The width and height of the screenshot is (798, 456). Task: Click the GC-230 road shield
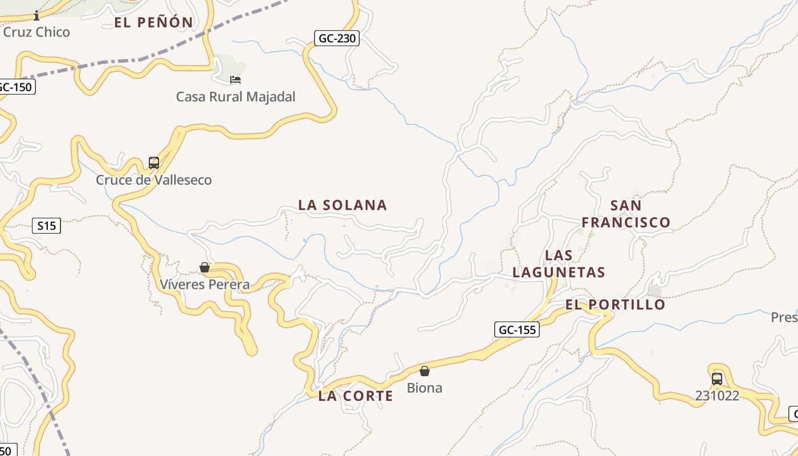[x=337, y=39]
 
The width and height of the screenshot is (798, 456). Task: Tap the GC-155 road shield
[x=516, y=329]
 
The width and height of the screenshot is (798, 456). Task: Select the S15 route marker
[x=46, y=226]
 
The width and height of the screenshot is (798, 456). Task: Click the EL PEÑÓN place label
[x=154, y=23]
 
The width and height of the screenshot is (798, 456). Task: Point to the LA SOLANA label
[x=343, y=205]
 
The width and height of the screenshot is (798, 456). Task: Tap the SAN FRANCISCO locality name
[x=626, y=214]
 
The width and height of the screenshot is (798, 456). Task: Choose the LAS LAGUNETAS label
[x=559, y=263]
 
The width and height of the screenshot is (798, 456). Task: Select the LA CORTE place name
[x=356, y=396]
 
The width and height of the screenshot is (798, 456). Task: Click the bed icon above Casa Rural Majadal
[x=235, y=79]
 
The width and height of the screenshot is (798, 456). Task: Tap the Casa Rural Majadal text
[x=235, y=97]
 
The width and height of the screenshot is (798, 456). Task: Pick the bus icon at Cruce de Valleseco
[x=153, y=163]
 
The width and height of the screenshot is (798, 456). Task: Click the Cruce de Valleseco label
[x=153, y=180]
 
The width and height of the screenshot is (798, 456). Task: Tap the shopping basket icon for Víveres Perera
[x=205, y=267]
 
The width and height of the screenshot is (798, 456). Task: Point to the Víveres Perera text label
[x=205, y=284]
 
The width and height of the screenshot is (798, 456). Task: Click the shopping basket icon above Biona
[x=425, y=371]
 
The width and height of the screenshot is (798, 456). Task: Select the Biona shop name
[x=425, y=388]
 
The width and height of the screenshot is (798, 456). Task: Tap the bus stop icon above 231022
[x=716, y=378]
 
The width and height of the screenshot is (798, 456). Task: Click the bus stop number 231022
[x=716, y=396]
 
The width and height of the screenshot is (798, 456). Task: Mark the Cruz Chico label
[x=36, y=32]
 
